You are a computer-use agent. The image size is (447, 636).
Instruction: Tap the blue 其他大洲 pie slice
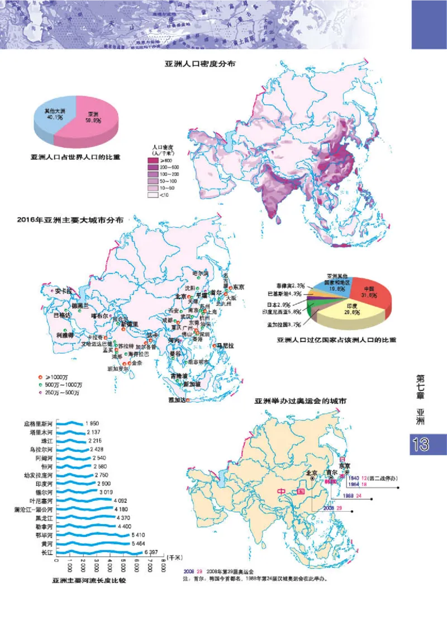click(x=55, y=117)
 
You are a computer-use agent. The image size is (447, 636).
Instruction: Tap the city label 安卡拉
click(x=64, y=291)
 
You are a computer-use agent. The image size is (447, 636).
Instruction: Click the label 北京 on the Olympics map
click(x=311, y=472)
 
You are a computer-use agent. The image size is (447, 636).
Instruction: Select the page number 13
click(x=420, y=445)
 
